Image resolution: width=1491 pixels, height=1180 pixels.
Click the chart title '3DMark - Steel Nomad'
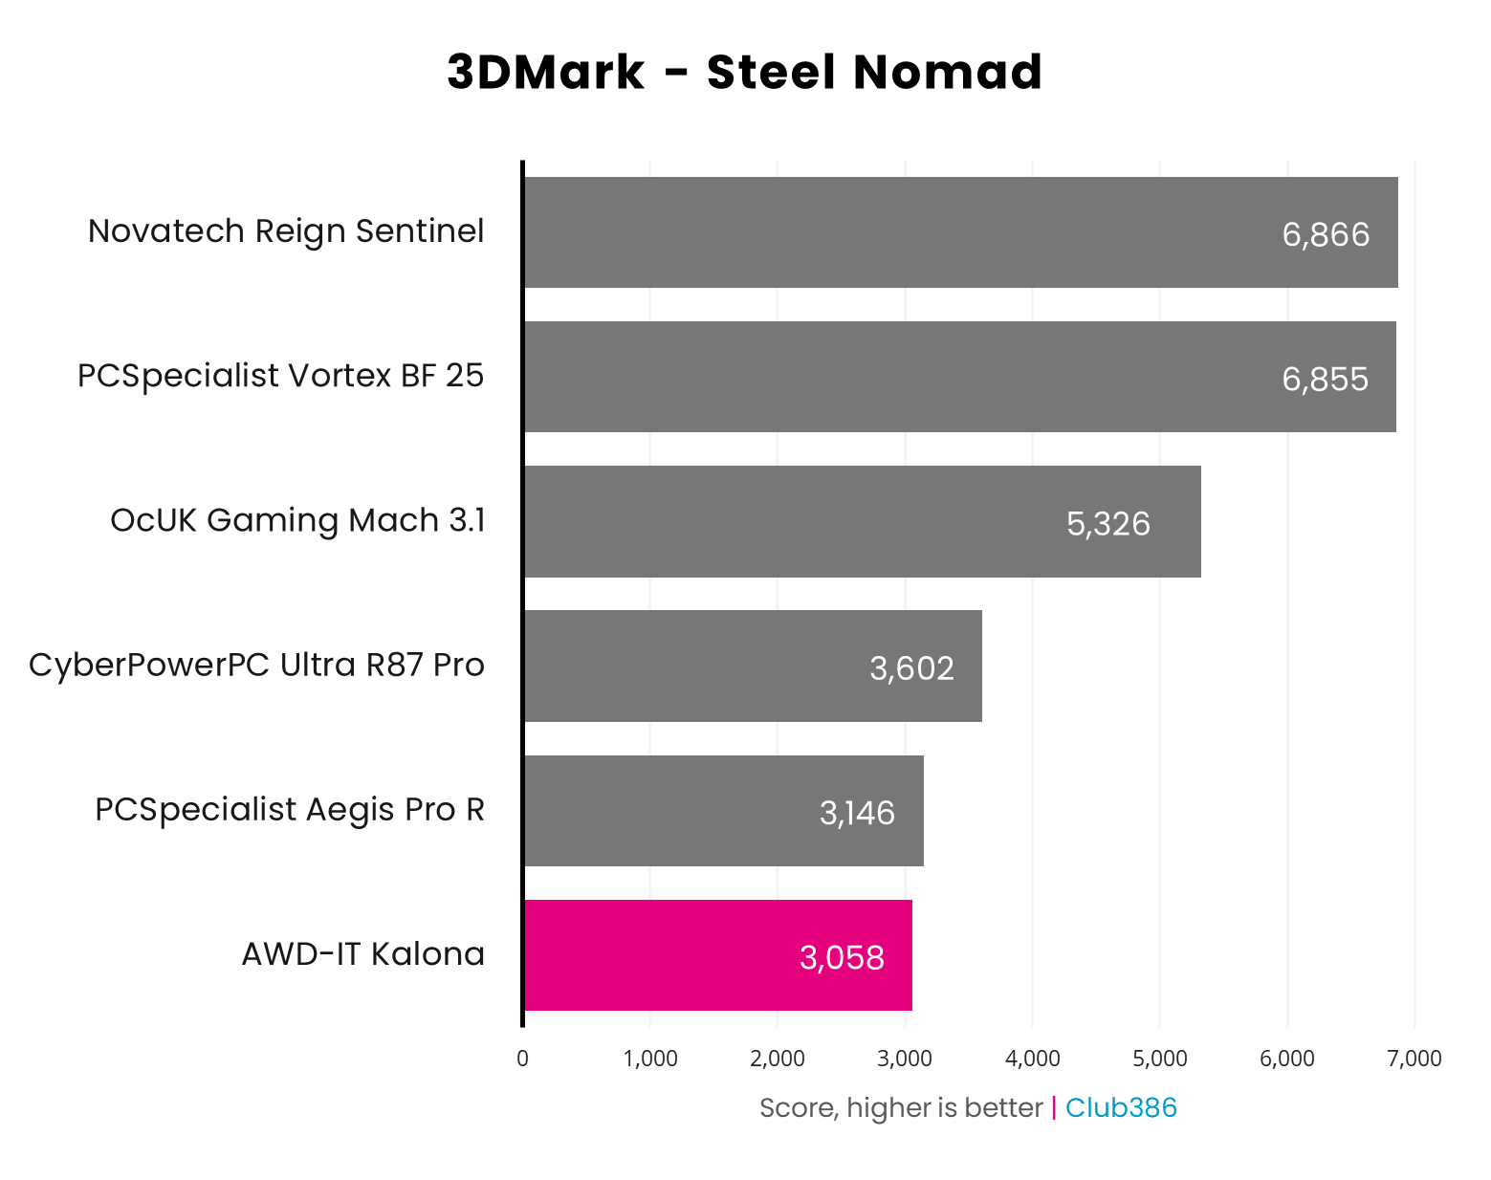744,73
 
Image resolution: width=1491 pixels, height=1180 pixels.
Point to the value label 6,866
1326,234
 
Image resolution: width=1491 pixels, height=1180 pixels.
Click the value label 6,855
1325,380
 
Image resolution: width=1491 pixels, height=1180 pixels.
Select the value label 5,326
1107,524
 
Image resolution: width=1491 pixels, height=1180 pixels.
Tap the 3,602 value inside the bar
911,668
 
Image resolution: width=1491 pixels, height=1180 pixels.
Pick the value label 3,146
857,813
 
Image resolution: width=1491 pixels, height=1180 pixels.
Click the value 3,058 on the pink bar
842,957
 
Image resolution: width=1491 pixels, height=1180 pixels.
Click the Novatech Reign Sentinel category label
286,231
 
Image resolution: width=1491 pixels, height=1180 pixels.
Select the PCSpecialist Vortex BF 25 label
280,376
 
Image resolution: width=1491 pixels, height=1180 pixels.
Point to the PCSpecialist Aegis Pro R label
289,810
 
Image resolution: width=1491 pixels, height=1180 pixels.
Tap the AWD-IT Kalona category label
362,954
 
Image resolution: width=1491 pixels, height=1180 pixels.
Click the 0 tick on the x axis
522,1059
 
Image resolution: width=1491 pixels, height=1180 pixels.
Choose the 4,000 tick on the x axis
1032,1059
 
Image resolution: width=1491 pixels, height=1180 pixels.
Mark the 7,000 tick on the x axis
1414,1059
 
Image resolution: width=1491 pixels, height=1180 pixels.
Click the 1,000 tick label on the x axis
650,1059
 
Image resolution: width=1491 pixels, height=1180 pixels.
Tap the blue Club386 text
1121,1107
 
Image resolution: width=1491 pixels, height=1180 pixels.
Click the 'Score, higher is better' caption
900,1107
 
